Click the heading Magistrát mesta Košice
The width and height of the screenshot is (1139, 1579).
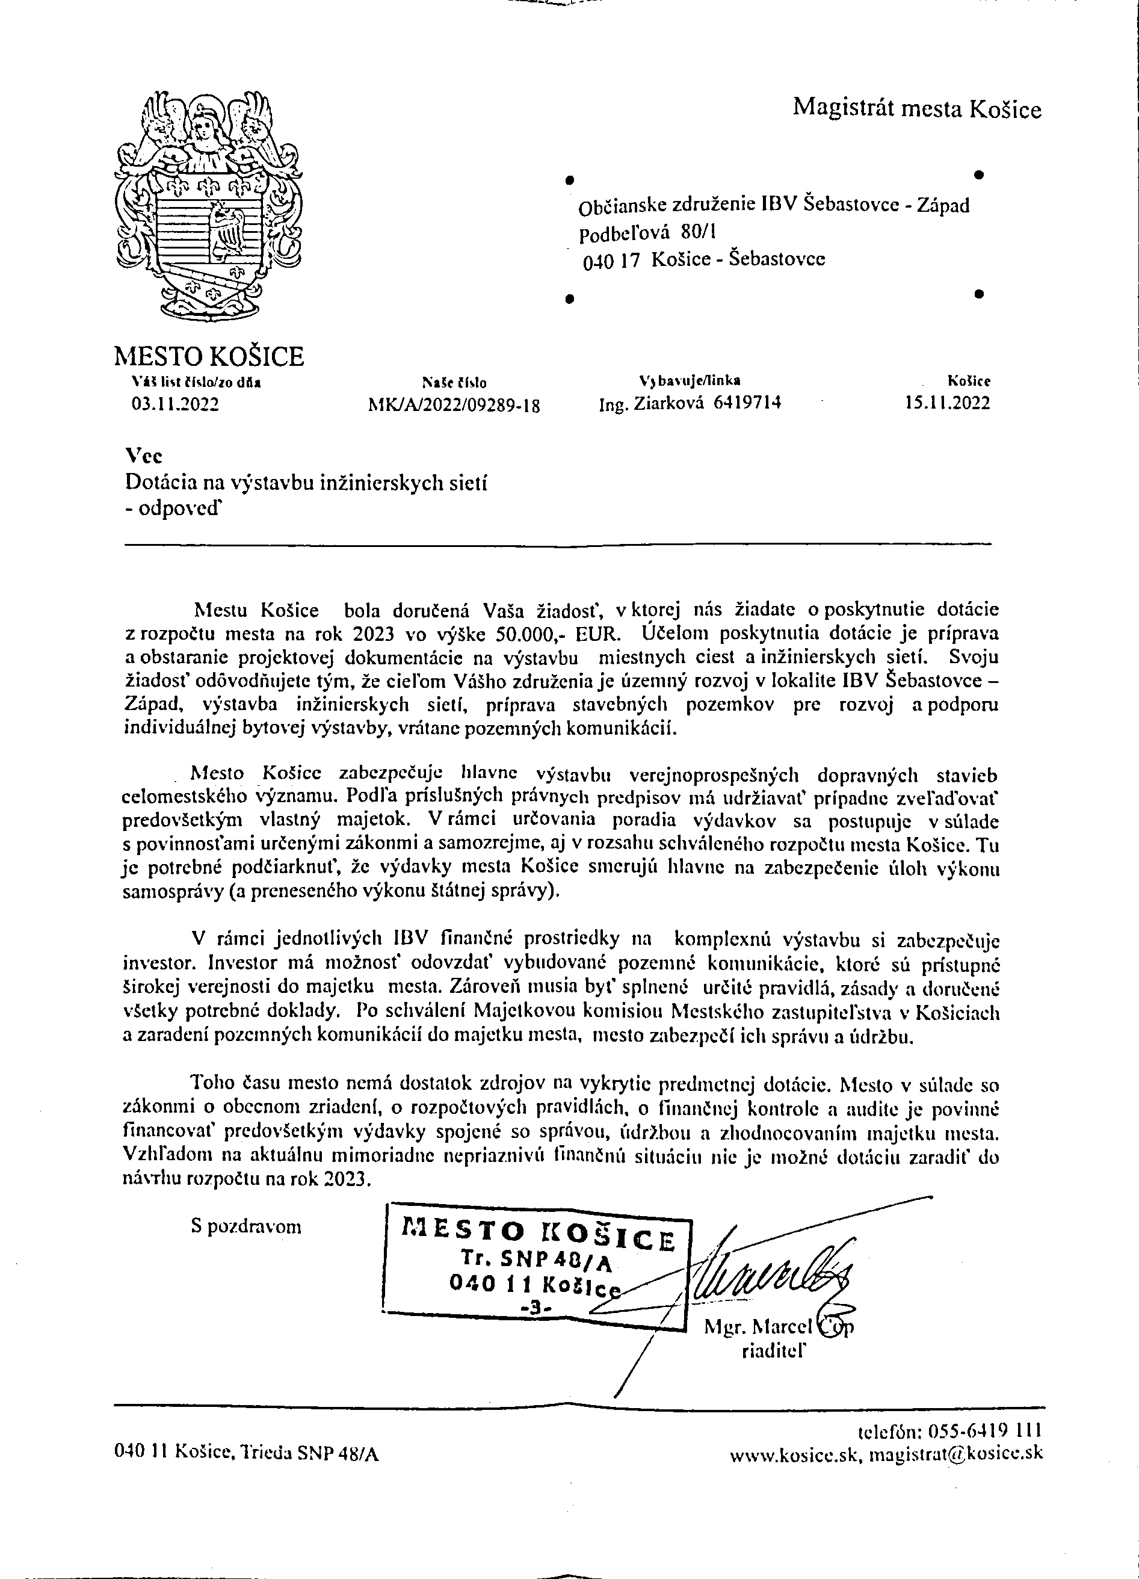917,108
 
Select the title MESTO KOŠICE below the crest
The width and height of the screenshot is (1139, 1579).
209,356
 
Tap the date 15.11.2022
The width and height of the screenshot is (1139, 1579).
947,403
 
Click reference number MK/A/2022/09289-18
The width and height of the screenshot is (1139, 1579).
454,405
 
